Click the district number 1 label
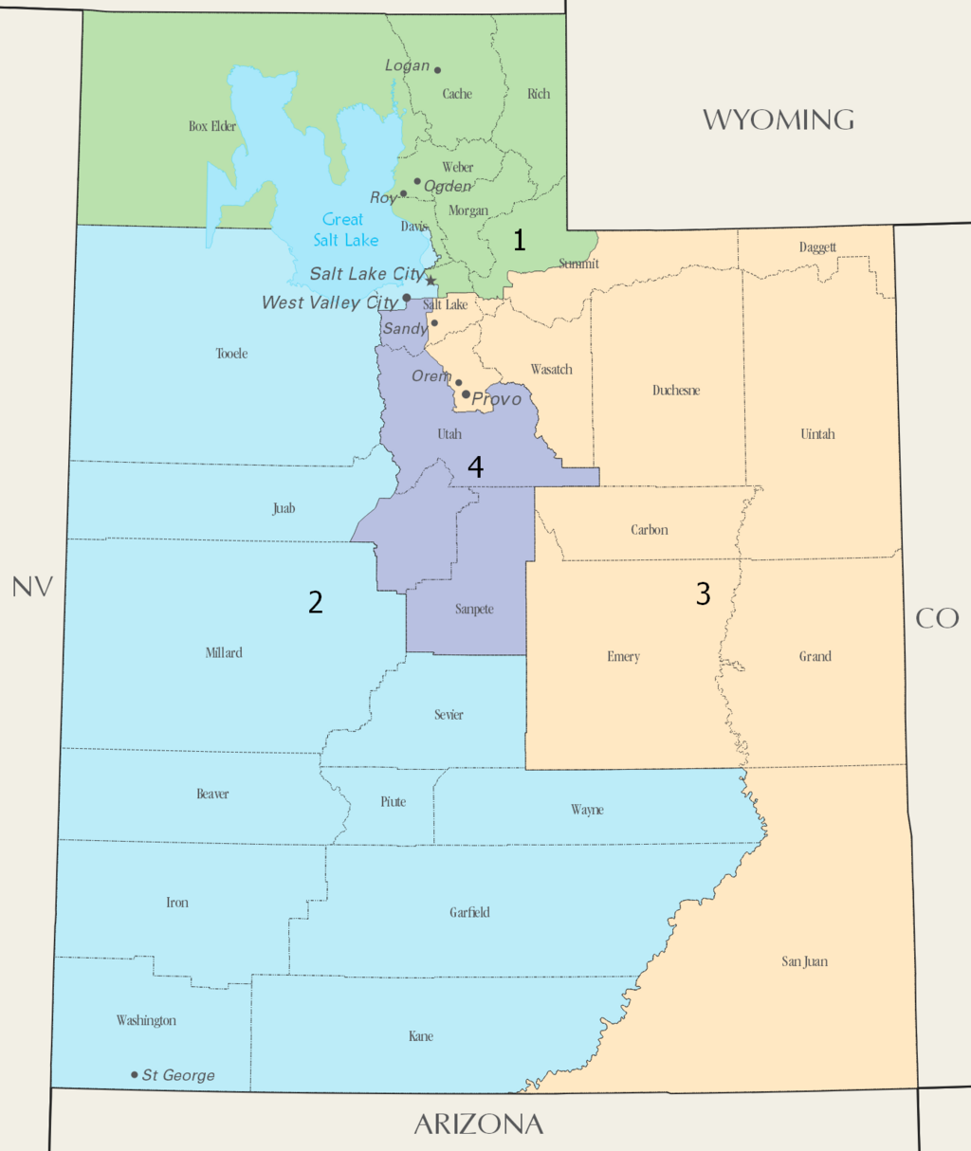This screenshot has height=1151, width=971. coord(519,240)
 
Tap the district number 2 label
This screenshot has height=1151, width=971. coord(316,601)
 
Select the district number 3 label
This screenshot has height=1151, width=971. coord(703,594)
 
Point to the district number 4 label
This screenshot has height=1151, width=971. coord(475,466)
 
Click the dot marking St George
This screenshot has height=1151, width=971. coord(135,1074)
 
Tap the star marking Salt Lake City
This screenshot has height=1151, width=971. coord(431,280)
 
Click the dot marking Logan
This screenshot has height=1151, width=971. coord(437,69)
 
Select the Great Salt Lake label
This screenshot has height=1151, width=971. coord(345,230)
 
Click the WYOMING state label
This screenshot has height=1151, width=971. coord(778,119)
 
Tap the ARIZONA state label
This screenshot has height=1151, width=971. coord(479,1124)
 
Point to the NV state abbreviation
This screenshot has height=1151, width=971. coord(32,587)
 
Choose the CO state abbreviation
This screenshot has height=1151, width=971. coord(937,618)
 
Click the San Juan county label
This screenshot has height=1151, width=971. coord(804,961)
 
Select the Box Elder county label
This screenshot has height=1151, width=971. coord(212,126)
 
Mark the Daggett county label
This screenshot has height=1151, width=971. coord(817,247)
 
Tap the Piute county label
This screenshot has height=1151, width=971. coord(394,802)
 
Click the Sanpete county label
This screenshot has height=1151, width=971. coord(474,609)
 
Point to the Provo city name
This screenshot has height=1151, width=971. coord(497,399)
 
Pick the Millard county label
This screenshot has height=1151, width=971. coord(224,652)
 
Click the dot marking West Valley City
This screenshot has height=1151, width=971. coord(407,298)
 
